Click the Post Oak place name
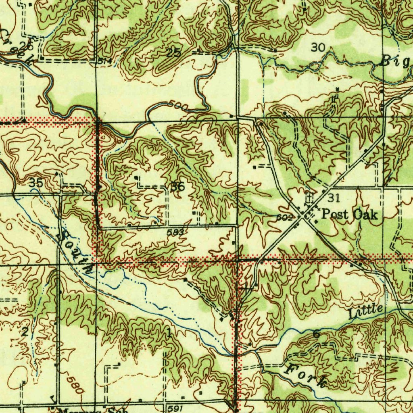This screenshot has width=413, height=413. [349, 214]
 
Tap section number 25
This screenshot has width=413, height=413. [174, 52]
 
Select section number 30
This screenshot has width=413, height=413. [318, 48]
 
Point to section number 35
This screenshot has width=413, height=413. [36, 183]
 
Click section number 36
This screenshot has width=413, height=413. [177, 187]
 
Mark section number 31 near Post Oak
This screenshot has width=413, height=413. [334, 198]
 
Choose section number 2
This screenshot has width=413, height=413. [25, 332]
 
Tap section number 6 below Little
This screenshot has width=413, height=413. [316, 334]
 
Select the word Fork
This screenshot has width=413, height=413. [305, 375]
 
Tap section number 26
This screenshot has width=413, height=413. [27, 45]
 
